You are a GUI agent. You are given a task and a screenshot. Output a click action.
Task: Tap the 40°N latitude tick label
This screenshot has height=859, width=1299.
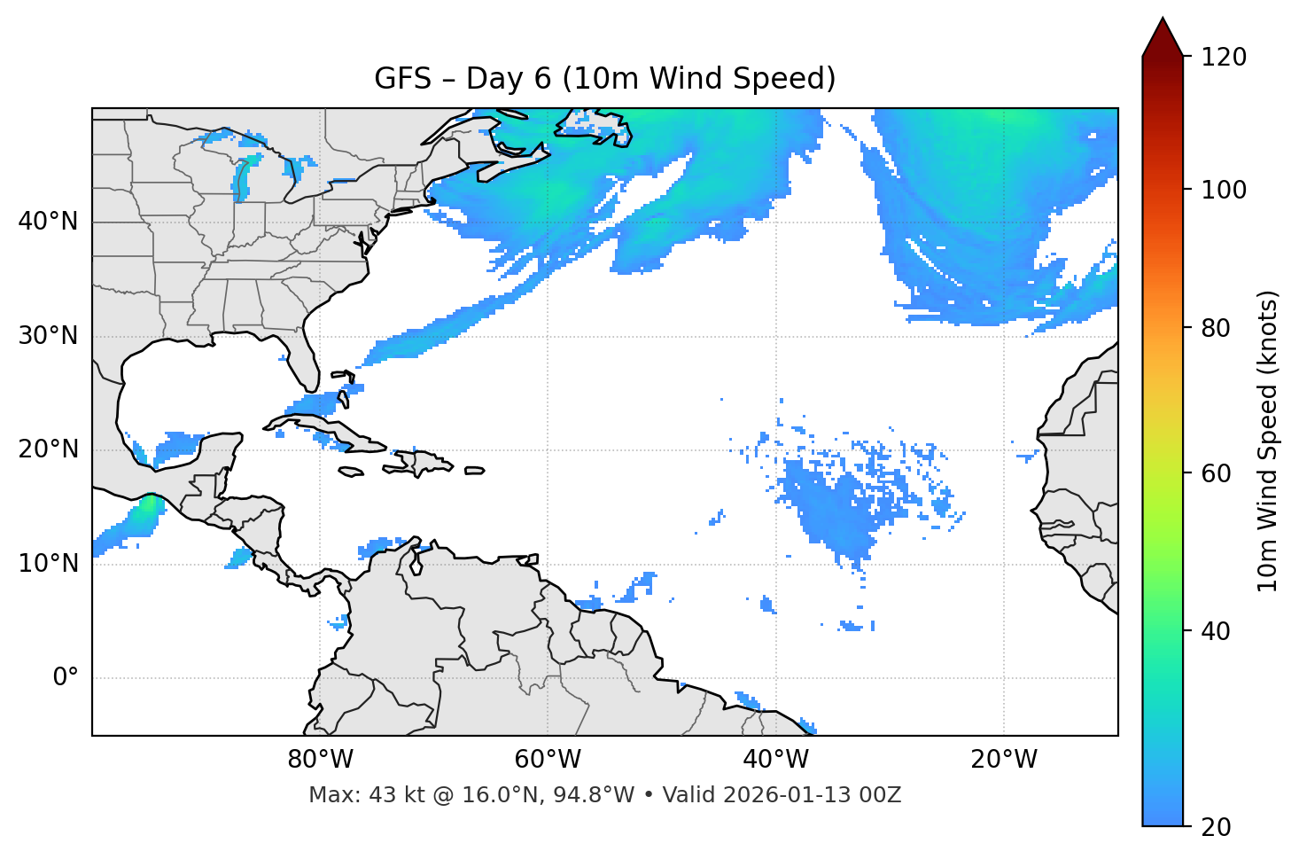coord(48,222)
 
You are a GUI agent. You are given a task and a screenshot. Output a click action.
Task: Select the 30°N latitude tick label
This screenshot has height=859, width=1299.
coord(48,336)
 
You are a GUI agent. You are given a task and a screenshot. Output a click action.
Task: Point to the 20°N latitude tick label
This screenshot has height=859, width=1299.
coord(48,449)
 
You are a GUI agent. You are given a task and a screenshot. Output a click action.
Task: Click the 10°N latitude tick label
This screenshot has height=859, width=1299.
coord(48,564)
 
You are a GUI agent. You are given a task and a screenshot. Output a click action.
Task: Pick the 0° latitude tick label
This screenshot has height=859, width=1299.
coord(66,678)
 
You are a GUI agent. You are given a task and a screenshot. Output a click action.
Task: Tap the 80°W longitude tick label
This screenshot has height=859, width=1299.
coord(320,760)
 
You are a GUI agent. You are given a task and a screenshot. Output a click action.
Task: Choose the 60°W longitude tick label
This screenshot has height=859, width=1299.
coord(548,760)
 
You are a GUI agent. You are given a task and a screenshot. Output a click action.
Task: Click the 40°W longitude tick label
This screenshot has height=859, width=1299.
coord(775,760)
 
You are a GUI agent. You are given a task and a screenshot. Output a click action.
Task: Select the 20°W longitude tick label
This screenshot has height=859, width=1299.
coord(1004,760)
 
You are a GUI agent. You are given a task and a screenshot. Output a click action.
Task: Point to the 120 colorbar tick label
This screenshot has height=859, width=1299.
coord(1224,58)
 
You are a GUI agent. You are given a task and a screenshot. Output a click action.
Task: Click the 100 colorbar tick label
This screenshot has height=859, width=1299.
coord(1224,190)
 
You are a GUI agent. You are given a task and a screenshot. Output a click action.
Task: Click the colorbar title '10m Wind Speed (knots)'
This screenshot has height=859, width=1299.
coord(1268,441)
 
